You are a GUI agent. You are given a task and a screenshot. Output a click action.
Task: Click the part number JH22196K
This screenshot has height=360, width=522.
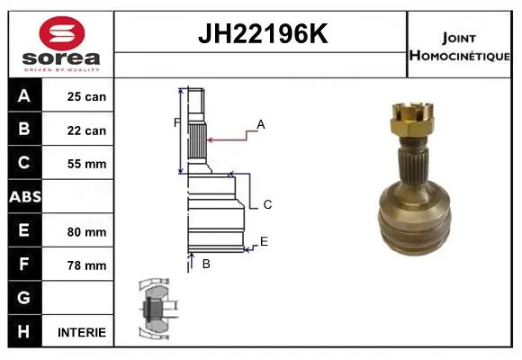click(263, 33)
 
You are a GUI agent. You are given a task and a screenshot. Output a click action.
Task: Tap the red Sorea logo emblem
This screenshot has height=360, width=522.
click(62, 33)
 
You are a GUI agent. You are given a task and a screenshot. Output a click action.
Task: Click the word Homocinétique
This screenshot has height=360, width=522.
click(459, 56)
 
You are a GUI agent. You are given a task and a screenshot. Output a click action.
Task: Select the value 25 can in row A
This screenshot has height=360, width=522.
click(86, 96)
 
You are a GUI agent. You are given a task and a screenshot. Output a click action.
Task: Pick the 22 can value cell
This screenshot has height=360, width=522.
click(86, 130)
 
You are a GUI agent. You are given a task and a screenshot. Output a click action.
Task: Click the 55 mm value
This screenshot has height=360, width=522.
click(86, 164)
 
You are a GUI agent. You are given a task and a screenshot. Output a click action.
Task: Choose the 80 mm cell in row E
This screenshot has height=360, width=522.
click(86, 232)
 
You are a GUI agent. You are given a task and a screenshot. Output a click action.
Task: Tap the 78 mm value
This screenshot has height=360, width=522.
click(86, 265)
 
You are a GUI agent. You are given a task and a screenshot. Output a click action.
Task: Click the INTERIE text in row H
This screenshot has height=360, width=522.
click(82, 332)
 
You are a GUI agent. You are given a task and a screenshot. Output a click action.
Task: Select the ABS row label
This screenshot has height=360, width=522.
click(25, 196)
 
